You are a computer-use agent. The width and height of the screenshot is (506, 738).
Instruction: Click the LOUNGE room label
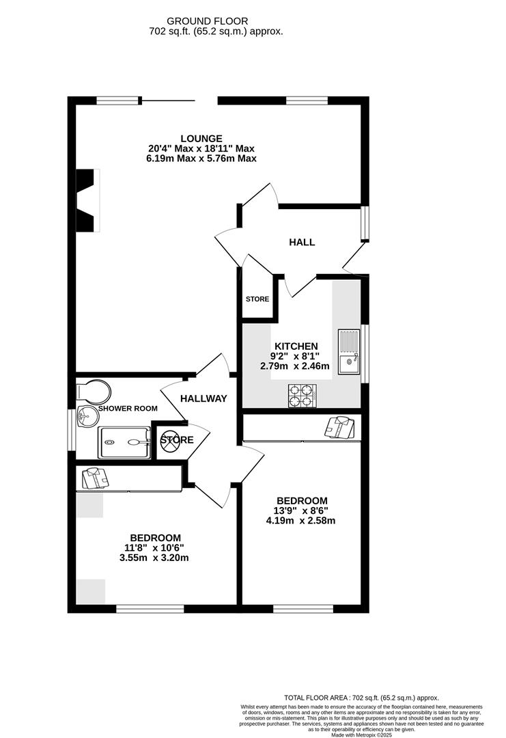[201, 139]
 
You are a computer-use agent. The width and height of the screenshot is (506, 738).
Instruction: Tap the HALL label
[302, 242]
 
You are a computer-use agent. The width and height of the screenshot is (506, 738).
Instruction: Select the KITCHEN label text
[296, 346]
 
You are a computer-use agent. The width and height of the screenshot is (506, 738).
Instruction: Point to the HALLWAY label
[203, 398]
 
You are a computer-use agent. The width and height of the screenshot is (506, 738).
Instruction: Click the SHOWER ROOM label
[128, 409]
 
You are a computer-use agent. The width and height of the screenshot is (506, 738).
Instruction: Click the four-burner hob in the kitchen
[303, 395]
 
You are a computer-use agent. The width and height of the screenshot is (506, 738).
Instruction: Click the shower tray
[124, 442]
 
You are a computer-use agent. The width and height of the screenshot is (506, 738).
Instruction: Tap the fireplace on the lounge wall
[87, 200]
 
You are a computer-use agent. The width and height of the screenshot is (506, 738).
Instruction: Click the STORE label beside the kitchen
[257, 299]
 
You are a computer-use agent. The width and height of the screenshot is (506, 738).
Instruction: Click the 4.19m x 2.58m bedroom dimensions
[301, 521]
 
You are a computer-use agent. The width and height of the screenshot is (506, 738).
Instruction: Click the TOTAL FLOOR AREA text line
[362, 697]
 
